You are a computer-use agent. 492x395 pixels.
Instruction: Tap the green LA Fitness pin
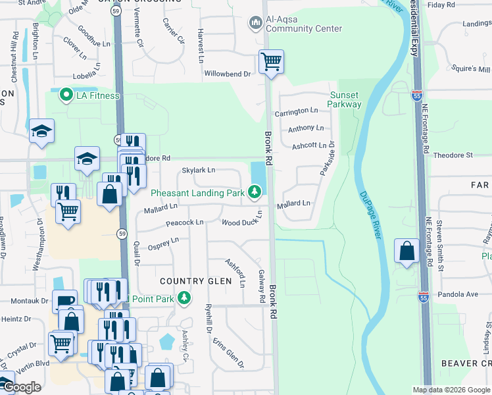66,96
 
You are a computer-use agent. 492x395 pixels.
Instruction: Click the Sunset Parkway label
345,99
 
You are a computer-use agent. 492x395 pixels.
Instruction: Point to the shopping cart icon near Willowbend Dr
271,63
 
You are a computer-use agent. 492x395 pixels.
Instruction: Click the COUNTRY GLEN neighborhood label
196,281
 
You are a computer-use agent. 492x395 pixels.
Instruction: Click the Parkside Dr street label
327,159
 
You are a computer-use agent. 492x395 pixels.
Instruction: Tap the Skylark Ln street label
199,170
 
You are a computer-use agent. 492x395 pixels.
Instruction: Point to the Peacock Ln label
184,223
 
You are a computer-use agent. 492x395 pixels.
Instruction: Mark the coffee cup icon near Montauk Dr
64,301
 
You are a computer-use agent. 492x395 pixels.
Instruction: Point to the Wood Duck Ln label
239,223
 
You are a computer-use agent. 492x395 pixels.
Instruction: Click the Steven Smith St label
441,248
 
